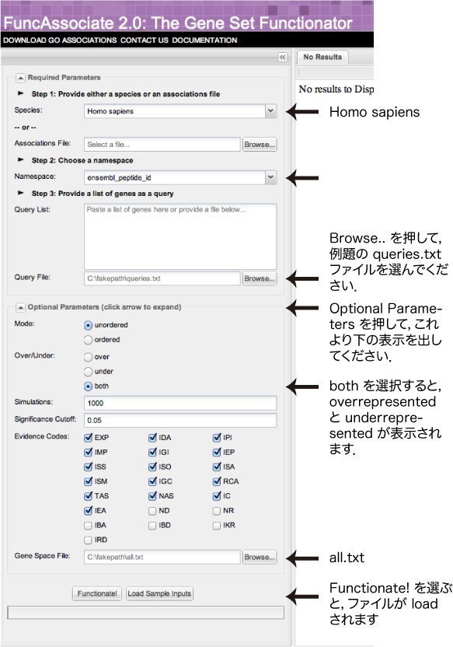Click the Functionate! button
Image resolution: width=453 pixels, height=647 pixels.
pyautogui.click(x=97, y=593)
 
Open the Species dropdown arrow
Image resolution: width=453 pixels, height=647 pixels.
pyautogui.click(x=270, y=111)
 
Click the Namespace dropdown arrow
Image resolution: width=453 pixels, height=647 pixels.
pyautogui.click(x=270, y=177)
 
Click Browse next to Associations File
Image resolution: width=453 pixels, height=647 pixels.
pyautogui.click(x=260, y=145)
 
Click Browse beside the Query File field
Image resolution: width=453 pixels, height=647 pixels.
pyautogui.click(x=260, y=278)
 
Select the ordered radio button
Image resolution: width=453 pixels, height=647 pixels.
pyautogui.click(x=88, y=340)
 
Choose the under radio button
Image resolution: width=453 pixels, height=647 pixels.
pyautogui.click(x=88, y=372)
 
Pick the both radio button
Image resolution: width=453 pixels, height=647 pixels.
pyautogui.click(x=88, y=386)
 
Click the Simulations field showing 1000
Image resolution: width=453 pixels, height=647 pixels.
pyautogui.click(x=180, y=403)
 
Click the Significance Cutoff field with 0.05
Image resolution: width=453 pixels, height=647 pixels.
pyautogui.click(x=180, y=420)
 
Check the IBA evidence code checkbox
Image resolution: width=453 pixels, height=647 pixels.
pyautogui.click(x=88, y=525)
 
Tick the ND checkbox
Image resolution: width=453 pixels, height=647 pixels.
pyautogui.click(x=152, y=511)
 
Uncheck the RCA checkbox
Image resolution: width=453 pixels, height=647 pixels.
pyautogui.click(x=217, y=481)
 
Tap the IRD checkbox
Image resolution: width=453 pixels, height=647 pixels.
pyautogui.click(x=88, y=540)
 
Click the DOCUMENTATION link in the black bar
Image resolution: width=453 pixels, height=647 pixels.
pyautogui.click(x=204, y=40)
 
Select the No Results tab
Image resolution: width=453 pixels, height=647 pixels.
pyautogui.click(x=322, y=57)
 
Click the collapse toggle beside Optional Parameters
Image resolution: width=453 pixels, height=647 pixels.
pyautogui.click(x=20, y=307)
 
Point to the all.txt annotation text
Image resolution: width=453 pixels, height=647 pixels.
pyautogui.click(x=347, y=558)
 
